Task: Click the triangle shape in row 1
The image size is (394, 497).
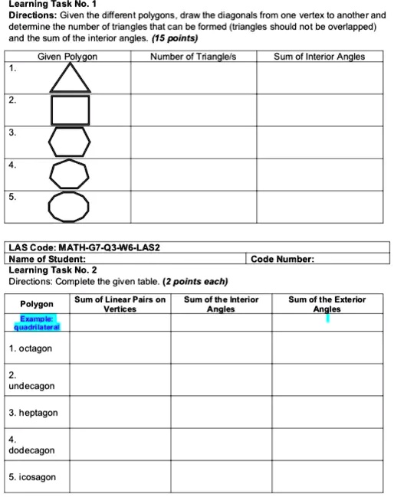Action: (71, 77)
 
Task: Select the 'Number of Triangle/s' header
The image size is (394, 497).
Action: (189, 57)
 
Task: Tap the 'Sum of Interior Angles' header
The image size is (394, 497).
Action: (320, 57)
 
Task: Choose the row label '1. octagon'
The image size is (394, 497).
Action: (31, 348)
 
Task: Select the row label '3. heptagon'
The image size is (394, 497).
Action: (34, 414)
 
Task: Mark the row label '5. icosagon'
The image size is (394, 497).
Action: (33, 477)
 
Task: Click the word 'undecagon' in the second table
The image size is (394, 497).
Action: (31, 387)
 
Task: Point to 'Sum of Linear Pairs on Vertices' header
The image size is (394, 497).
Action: (120, 304)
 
